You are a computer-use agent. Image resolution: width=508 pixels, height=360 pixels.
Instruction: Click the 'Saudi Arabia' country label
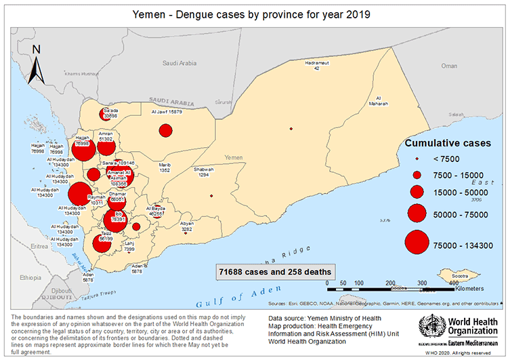tap(179, 63)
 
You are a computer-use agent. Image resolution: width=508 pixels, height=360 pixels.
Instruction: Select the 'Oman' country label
tap(449, 66)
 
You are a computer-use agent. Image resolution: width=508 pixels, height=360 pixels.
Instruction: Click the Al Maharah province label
tap(378, 101)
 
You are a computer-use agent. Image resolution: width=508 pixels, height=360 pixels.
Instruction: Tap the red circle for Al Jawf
tap(165, 131)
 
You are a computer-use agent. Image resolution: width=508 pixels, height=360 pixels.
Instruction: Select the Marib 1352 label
tap(165, 167)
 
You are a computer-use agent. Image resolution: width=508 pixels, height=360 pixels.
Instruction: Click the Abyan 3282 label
tap(187, 226)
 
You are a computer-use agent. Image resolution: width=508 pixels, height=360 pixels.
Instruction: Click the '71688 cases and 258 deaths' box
tap(275, 271)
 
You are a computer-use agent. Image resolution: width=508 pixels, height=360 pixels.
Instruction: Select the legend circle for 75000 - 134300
tap(417, 245)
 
